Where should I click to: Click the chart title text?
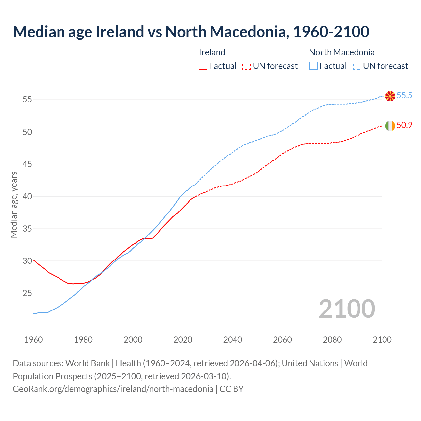pyautogui.click(x=191, y=32)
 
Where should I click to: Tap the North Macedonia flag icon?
pyautogui.click(x=390, y=96)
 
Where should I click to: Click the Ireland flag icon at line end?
pyautogui.click(x=390, y=126)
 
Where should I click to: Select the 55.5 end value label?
pyautogui.click(x=404, y=96)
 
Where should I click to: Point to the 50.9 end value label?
pyautogui.click(x=404, y=125)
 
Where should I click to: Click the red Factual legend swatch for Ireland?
pyautogui.click(x=203, y=66)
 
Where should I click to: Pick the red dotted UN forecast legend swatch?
pyautogui.click(x=247, y=66)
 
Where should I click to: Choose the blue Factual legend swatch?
pyautogui.click(x=313, y=66)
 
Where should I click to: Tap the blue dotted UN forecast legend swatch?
pyautogui.click(x=357, y=66)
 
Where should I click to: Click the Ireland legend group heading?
pyautogui.click(x=212, y=52)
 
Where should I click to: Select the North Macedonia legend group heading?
pyautogui.click(x=342, y=52)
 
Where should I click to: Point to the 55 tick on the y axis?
pyautogui.click(x=27, y=100)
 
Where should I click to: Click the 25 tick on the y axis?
pyautogui.click(x=27, y=293)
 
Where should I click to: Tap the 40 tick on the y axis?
pyautogui.click(x=27, y=196)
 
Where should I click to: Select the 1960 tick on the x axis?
pyautogui.click(x=34, y=340)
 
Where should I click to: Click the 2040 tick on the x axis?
pyautogui.click(x=233, y=340)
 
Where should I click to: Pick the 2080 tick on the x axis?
pyautogui.click(x=332, y=340)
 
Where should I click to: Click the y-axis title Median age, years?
pyautogui.click(x=14, y=205)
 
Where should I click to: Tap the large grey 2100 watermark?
pyautogui.click(x=347, y=309)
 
